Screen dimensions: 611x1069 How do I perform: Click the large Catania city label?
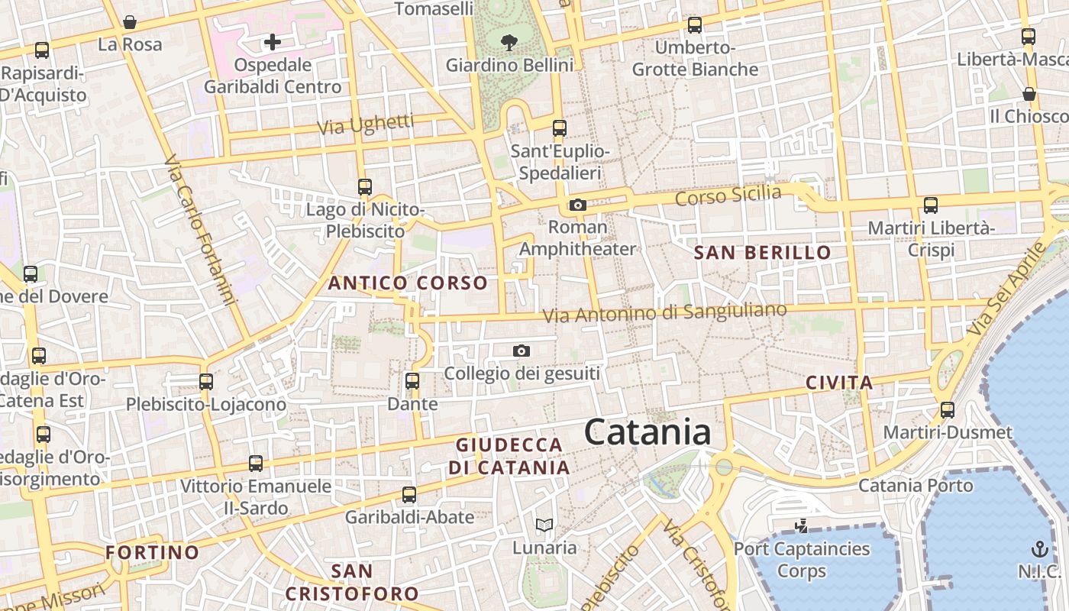coord(648,432)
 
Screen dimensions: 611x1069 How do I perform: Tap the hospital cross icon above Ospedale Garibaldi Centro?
coord(273,42)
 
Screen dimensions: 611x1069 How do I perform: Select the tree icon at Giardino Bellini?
coord(509,43)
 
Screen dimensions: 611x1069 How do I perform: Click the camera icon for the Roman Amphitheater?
coord(578,205)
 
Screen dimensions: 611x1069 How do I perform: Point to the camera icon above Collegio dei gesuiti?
coord(522,351)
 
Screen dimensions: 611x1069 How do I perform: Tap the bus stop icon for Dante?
coord(412,380)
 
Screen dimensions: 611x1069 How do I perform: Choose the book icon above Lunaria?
coord(544,525)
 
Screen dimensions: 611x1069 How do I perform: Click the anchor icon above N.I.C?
coord(1039,548)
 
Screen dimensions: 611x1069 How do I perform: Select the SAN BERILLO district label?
coord(762,253)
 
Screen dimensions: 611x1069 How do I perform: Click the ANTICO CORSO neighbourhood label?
coord(408,283)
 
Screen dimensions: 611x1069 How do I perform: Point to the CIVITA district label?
coord(839,383)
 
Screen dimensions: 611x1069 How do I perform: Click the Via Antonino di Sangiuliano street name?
coord(664,312)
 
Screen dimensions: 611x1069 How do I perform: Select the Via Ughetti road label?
coord(366,124)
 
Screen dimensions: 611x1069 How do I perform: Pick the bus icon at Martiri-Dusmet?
coord(948,409)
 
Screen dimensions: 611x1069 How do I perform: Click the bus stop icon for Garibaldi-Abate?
coord(409,494)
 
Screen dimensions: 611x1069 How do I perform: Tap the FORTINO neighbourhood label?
coord(152,552)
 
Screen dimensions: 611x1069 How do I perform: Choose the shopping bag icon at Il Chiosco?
coord(1029,94)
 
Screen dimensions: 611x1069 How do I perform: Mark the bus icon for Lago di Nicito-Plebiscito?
coord(365,186)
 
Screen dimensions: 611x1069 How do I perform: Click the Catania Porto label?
coord(916,486)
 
